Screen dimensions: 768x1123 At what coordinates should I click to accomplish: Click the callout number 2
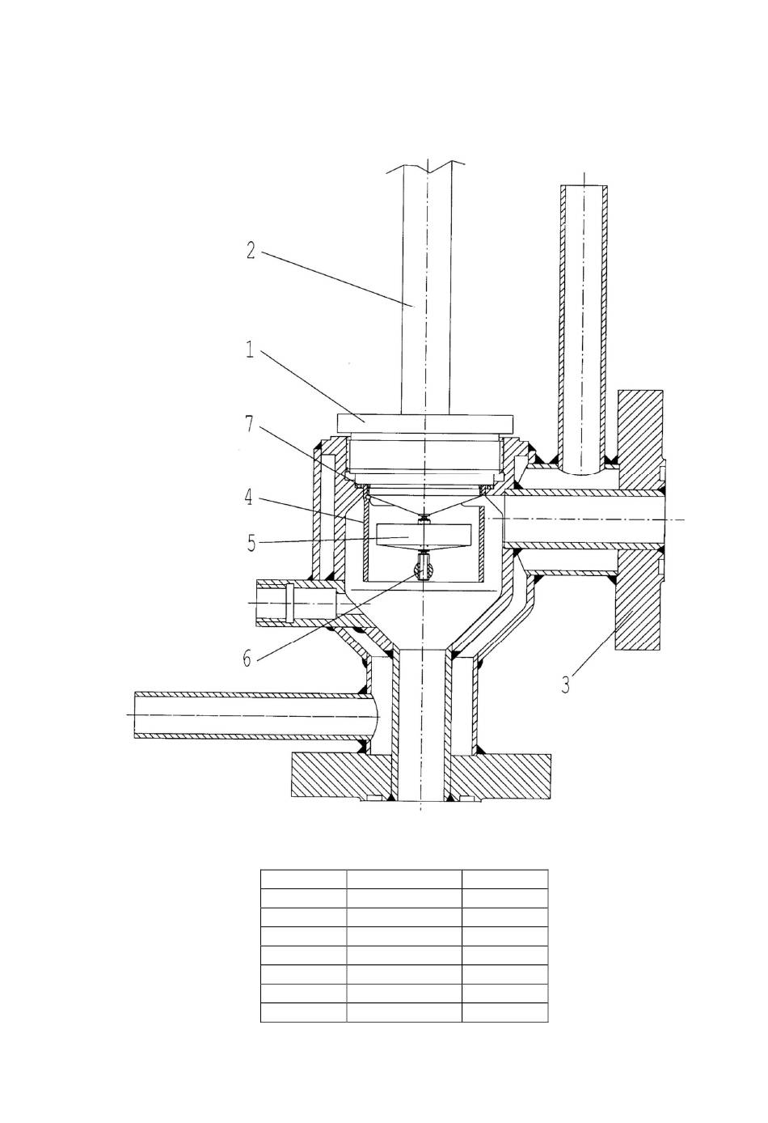pos(251,250)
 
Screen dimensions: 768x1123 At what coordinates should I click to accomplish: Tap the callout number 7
pos(249,424)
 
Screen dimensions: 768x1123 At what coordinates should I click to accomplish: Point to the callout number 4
pos(249,498)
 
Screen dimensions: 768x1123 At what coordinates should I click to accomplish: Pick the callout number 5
pos(251,543)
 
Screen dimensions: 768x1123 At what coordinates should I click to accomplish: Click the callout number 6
pos(247,659)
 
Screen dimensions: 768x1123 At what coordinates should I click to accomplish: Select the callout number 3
pos(565,684)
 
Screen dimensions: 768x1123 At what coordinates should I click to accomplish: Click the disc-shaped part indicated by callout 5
pos(424,536)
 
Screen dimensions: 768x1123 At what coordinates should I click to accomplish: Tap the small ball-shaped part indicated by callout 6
pos(424,569)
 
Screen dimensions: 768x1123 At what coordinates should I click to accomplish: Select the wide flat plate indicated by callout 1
pos(425,422)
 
